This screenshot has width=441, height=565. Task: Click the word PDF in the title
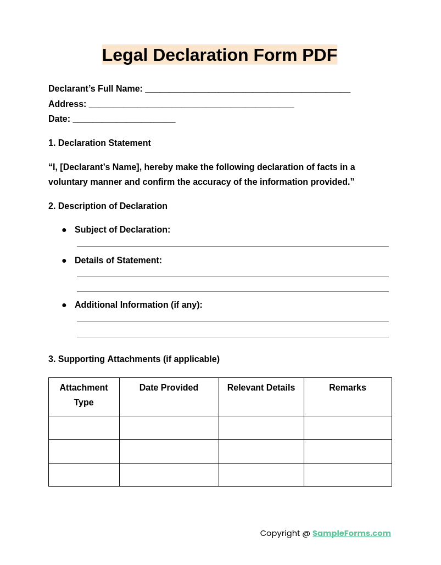(x=319, y=55)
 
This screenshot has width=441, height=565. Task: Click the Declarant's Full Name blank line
(x=247, y=90)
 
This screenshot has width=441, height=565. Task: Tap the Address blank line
(x=191, y=105)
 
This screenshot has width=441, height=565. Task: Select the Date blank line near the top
(x=124, y=120)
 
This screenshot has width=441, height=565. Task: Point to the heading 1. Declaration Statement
(x=99, y=143)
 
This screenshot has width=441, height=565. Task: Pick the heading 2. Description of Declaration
(x=108, y=206)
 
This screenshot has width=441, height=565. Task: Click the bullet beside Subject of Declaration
(x=64, y=230)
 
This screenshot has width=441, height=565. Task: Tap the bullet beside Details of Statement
(x=64, y=261)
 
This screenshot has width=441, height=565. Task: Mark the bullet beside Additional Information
(x=64, y=306)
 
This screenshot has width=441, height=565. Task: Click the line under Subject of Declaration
(x=232, y=246)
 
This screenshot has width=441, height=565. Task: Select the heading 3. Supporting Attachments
(x=134, y=359)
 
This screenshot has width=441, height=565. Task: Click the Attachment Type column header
(x=84, y=395)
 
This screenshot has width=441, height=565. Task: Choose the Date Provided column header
(x=169, y=388)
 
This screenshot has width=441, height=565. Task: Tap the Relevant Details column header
(x=261, y=388)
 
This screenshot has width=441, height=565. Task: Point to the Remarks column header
(x=348, y=388)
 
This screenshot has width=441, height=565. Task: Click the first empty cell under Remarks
(x=348, y=428)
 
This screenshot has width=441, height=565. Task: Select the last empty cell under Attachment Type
(x=84, y=475)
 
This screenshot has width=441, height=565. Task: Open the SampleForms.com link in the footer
(x=351, y=533)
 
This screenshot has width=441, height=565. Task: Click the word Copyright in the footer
(x=280, y=533)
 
